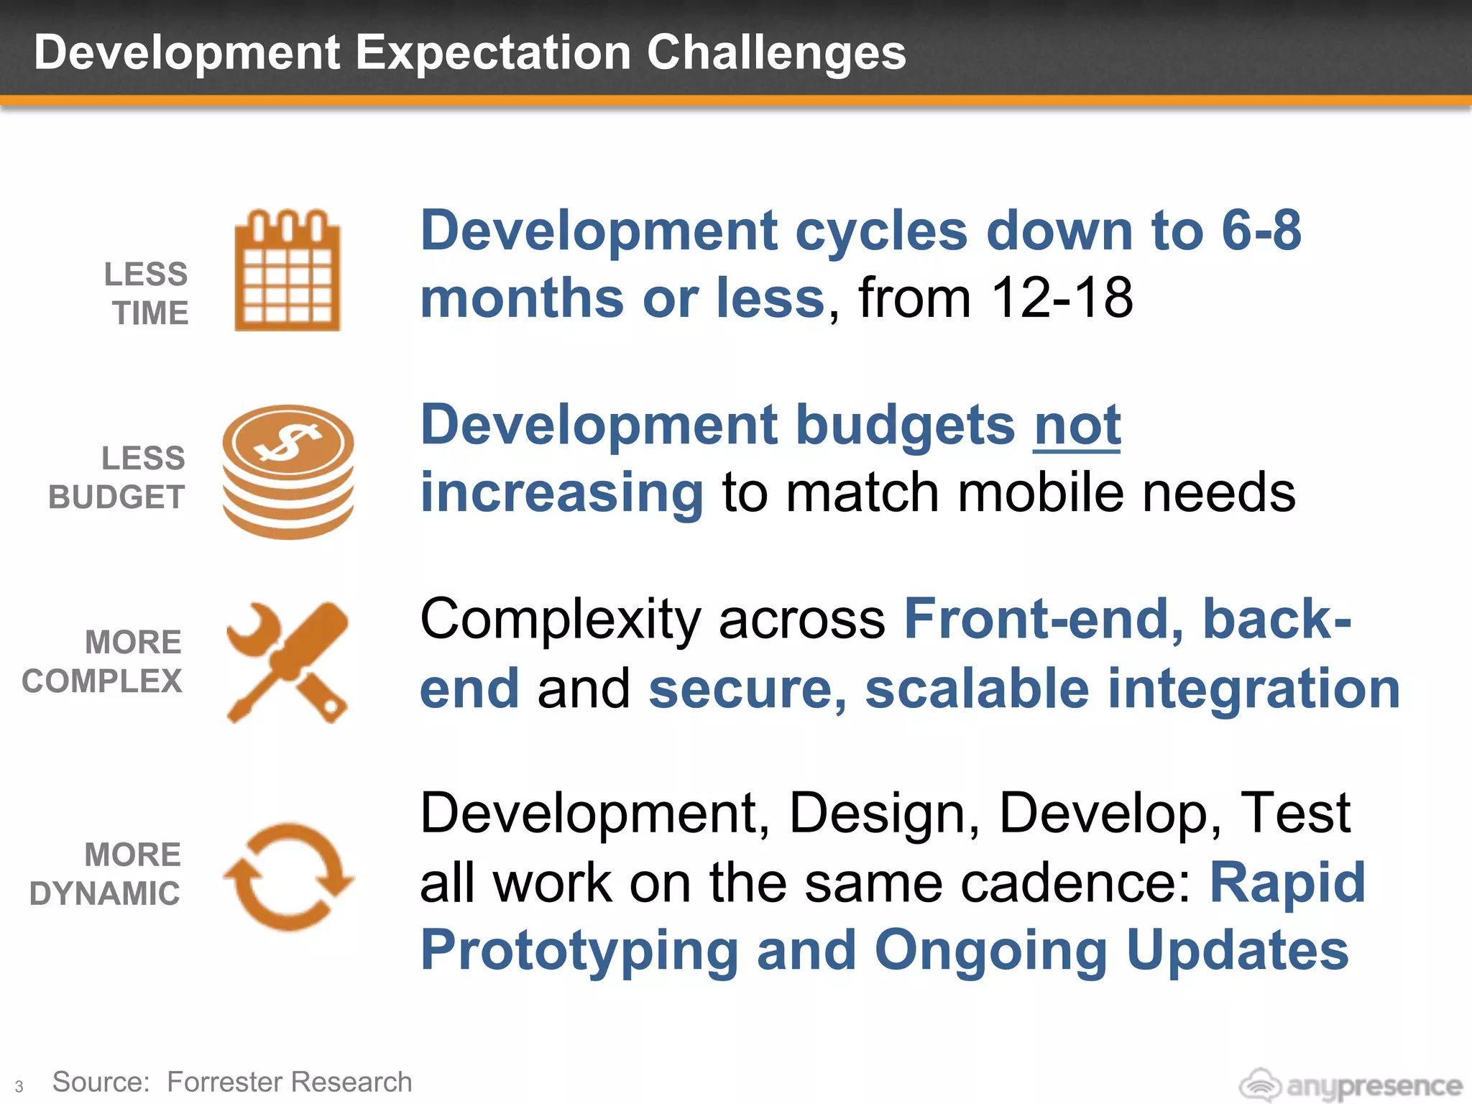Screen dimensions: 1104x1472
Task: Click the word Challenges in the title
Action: click(776, 53)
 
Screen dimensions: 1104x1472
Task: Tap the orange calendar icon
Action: click(287, 271)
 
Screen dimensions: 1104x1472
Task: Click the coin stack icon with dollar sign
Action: click(287, 472)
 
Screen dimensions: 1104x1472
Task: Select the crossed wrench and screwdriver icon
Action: click(287, 663)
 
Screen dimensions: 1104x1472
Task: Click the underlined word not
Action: click(1077, 425)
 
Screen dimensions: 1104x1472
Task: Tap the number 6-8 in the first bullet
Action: click(1261, 231)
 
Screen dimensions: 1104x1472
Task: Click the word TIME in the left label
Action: click(150, 313)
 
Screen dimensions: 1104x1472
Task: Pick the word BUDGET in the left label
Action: click(116, 497)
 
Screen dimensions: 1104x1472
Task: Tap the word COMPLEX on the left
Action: click(102, 681)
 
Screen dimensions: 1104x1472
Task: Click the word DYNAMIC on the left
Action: click(105, 894)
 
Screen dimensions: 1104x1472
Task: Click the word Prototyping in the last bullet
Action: click(579, 950)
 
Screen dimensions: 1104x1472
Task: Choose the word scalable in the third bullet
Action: click(977, 689)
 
